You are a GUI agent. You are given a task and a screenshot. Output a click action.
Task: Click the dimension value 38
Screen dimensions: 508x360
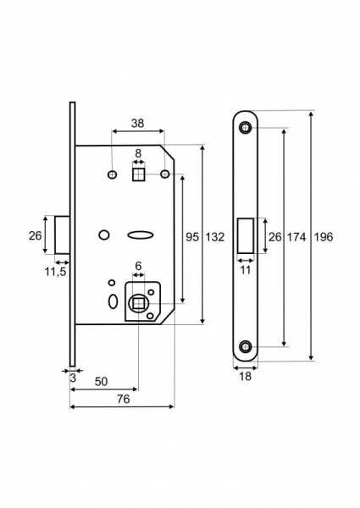[137, 123]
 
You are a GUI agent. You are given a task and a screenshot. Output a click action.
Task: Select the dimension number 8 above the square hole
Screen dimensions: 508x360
[139, 153]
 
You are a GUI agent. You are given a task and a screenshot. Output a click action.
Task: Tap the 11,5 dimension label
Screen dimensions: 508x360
[56, 272]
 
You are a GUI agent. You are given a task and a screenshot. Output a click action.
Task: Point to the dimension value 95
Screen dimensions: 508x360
[192, 237]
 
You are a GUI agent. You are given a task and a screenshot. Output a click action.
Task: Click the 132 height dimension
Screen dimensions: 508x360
[215, 237]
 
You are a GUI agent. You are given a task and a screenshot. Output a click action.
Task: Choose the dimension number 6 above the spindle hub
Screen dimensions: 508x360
[139, 265]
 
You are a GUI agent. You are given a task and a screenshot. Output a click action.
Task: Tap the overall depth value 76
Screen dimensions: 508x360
[124, 400]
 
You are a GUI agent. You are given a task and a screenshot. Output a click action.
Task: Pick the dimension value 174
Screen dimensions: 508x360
[296, 237]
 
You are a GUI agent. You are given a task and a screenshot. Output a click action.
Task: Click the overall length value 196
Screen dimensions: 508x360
[323, 237]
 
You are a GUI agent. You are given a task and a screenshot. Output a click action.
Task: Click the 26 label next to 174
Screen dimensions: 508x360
[274, 237]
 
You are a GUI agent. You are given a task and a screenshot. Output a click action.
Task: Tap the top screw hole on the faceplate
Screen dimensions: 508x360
[245, 128]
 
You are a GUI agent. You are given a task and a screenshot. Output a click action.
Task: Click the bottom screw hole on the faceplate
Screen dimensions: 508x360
[245, 346]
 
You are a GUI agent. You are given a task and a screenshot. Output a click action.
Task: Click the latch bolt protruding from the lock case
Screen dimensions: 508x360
[63, 235]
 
